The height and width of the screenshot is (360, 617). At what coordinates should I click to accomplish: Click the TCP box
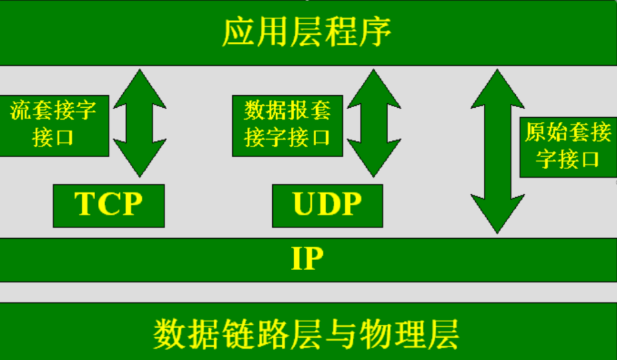(108, 205)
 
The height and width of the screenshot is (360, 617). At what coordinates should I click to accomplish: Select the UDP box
(327, 205)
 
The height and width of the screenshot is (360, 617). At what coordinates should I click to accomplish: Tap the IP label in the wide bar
(308, 259)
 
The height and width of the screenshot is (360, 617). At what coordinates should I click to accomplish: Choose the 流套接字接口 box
(53, 124)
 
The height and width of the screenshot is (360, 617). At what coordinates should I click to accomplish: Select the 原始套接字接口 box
(568, 146)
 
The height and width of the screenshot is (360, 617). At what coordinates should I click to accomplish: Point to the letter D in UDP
(327, 205)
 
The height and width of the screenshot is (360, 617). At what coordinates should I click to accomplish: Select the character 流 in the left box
(21, 110)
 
